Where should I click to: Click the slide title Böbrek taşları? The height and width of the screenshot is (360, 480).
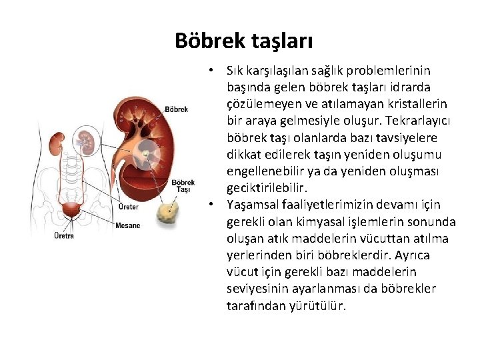tap(243, 41)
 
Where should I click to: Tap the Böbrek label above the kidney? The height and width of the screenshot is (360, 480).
tap(176, 109)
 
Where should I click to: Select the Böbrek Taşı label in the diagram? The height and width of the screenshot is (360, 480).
tap(183, 185)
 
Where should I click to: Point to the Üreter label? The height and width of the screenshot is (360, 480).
tap(129, 207)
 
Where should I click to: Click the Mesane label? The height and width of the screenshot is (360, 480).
tap(127, 225)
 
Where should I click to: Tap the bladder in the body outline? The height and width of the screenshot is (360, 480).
tap(70, 211)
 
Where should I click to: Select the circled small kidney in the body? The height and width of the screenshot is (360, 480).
tap(83, 139)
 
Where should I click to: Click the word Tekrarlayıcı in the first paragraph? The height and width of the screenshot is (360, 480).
tap(413, 121)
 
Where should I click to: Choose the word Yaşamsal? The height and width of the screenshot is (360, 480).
tap(251, 205)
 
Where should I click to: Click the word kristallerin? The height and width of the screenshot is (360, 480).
tap(413, 104)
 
